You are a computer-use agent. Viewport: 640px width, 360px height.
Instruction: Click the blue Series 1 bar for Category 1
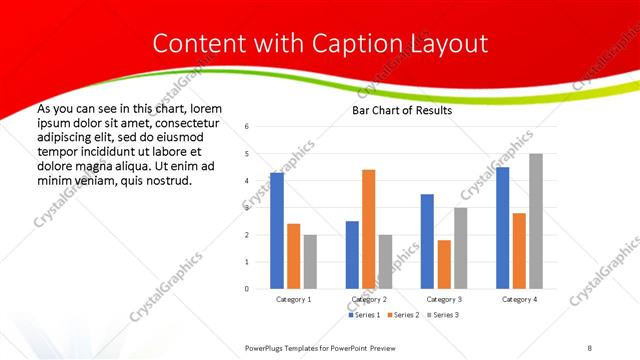click(x=277, y=231)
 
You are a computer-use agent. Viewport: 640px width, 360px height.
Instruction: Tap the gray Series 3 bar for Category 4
click(x=536, y=221)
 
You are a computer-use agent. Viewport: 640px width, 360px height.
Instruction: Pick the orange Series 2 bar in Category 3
click(x=444, y=264)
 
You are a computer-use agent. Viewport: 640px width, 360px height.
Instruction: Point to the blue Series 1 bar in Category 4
click(x=502, y=228)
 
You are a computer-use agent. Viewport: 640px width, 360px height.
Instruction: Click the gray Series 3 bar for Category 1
click(x=310, y=262)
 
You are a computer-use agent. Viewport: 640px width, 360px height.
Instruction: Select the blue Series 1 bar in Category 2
click(x=352, y=255)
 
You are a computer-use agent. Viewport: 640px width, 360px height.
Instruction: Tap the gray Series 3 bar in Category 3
click(x=460, y=248)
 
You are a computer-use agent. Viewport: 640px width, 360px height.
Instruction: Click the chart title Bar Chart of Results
click(x=401, y=110)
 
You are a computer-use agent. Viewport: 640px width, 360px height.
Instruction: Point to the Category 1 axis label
click(x=293, y=299)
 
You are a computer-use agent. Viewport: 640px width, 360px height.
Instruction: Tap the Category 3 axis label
click(x=444, y=299)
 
